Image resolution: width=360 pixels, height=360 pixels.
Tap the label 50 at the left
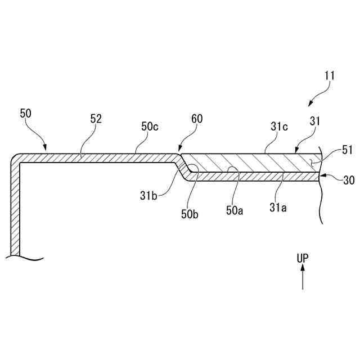(26, 114)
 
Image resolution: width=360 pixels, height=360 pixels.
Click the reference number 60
(196, 119)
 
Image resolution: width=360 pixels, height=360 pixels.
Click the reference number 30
(349, 179)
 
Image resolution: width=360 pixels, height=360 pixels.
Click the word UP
(303, 258)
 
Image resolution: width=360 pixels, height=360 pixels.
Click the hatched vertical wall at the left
(15, 208)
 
